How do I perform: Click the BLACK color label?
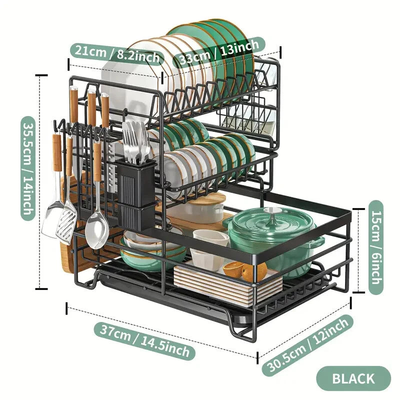pos(353,378)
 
